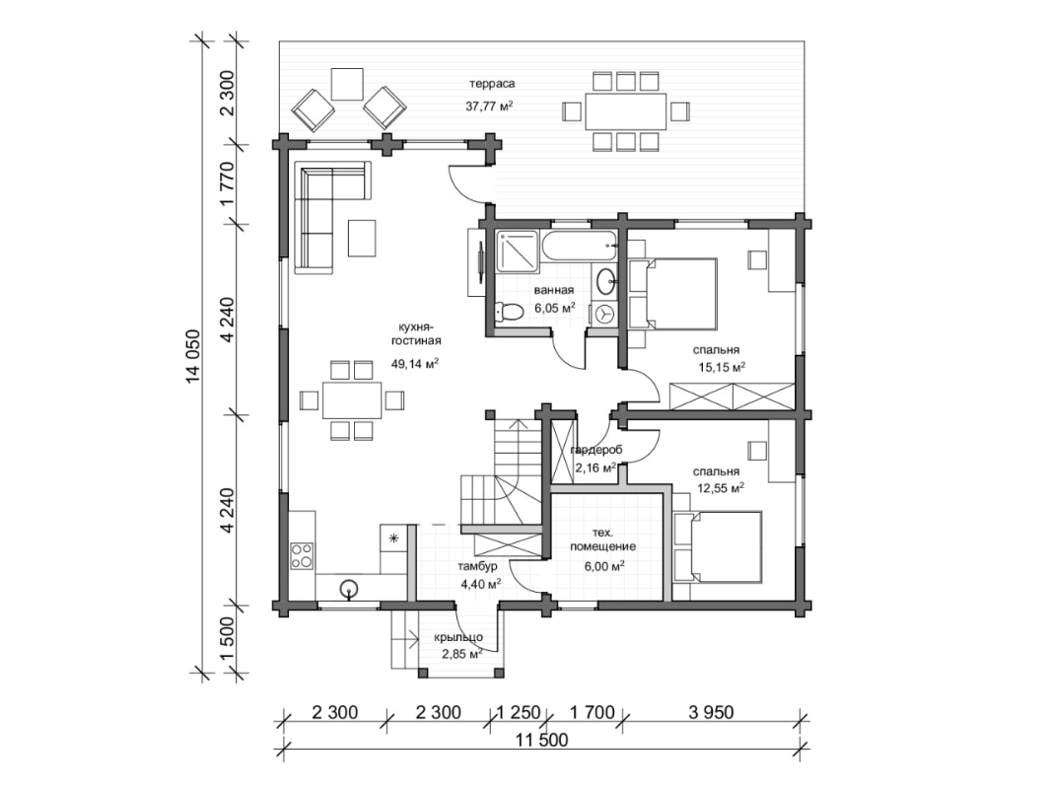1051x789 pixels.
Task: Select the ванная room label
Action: coord(553,290)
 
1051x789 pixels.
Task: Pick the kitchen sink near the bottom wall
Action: coord(347,589)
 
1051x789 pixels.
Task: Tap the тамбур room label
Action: coord(476,567)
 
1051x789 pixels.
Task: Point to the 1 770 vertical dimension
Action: coord(228,185)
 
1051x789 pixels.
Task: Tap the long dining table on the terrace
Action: coord(623,110)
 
